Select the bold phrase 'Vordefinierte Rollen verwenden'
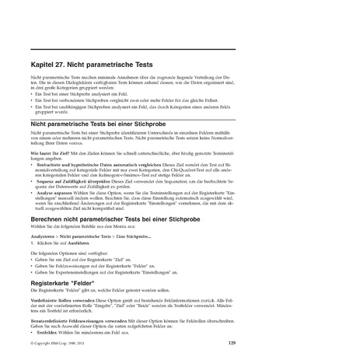[65, 299]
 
